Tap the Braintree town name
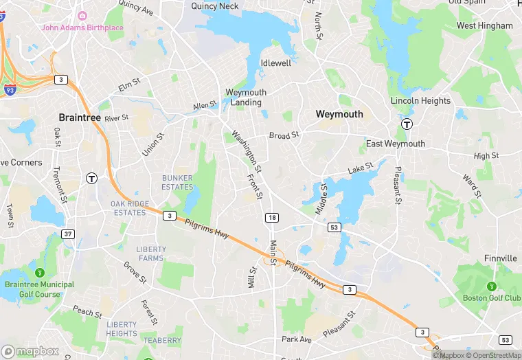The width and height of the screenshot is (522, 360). point(80,117)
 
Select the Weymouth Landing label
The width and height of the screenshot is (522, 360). point(246,98)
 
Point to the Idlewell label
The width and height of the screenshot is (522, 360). point(276,63)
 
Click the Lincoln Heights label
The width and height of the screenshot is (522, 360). point(420,100)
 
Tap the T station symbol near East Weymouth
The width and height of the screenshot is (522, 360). point(407,124)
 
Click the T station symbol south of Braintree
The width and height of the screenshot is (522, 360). point(91,178)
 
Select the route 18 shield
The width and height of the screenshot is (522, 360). point(272,217)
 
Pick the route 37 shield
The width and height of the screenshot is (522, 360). point(67,234)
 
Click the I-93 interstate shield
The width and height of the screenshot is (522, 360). point(10,90)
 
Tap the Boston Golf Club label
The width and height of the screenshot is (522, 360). point(492,297)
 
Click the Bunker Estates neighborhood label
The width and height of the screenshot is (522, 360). point(177,183)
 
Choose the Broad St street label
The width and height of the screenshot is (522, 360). point(284,135)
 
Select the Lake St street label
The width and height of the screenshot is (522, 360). point(360,167)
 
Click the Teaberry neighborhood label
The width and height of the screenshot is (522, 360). point(162,341)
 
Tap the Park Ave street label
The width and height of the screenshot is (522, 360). point(297,339)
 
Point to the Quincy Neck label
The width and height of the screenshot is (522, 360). point(214,6)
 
